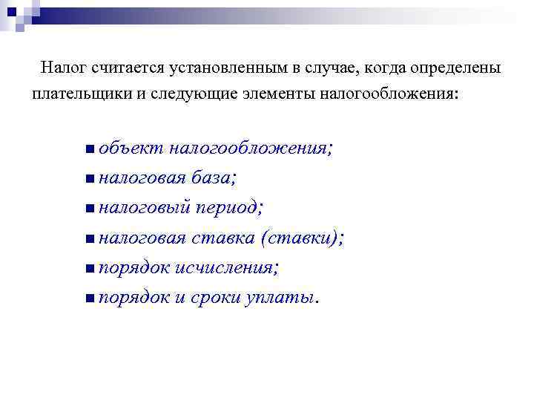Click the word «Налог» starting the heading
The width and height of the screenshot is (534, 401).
[x=65, y=69]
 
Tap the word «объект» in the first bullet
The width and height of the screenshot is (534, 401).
[x=127, y=148]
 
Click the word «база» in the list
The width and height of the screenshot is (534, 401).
[x=211, y=178]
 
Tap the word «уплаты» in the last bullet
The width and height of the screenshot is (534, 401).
[x=281, y=298]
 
